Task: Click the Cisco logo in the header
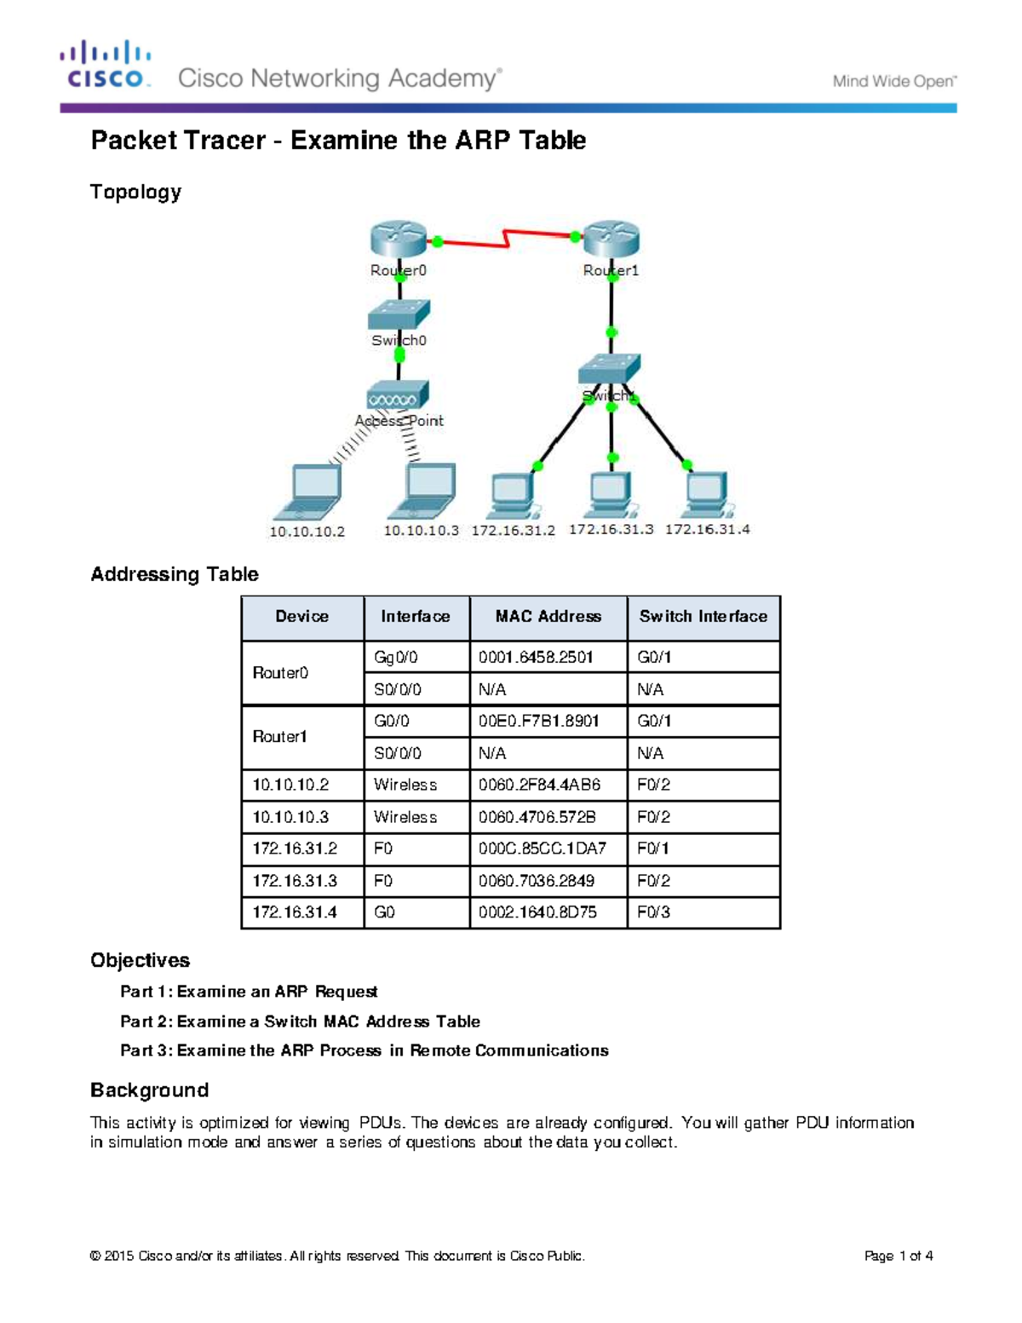[x=106, y=65]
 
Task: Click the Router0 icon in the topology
[x=398, y=239]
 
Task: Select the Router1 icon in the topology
[x=611, y=239]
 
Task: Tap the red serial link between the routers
[x=507, y=238]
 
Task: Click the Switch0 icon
[x=399, y=314]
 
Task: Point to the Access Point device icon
[x=398, y=396]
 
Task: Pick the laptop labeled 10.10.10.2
[x=308, y=492]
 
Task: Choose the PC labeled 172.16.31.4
[x=707, y=494]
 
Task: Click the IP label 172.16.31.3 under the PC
[x=611, y=529]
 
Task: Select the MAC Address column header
[x=548, y=617]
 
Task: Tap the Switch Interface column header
[x=703, y=617]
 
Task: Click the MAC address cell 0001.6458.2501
[x=536, y=657]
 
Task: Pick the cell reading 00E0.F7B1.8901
[x=538, y=721]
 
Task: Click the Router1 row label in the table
[x=280, y=737]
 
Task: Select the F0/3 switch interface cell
[x=654, y=912]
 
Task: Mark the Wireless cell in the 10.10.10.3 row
[x=405, y=817]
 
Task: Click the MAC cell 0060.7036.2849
[x=537, y=881]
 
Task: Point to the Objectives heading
[x=141, y=960]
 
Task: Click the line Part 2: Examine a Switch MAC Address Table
[x=300, y=1021]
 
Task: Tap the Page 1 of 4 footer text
[x=899, y=1256]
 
